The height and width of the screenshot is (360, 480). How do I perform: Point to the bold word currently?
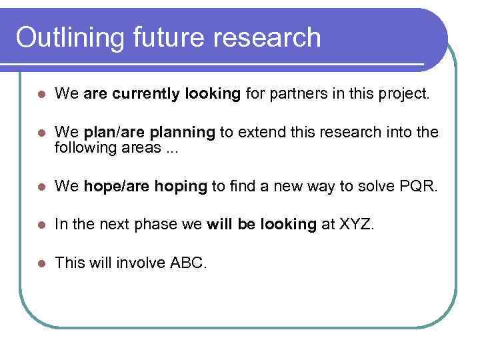pyautogui.click(x=143, y=95)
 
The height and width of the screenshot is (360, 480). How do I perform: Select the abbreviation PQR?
pyautogui.click(x=420, y=187)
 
